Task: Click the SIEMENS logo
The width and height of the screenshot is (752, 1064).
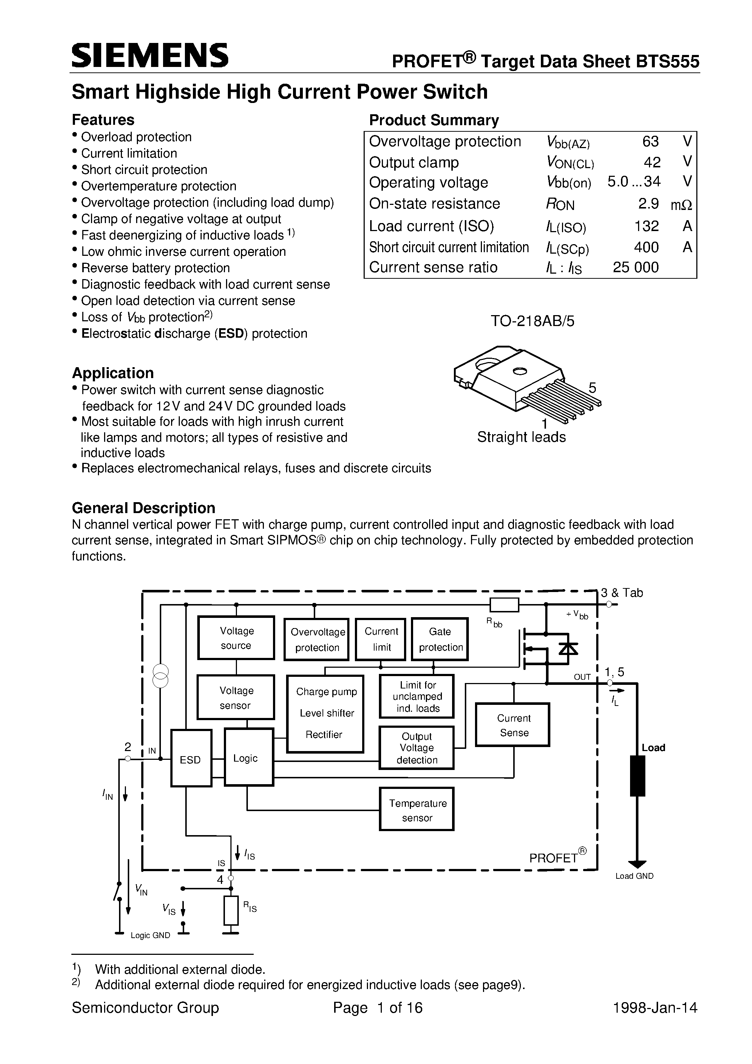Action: tap(150, 56)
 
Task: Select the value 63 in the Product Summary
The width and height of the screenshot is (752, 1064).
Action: tap(650, 141)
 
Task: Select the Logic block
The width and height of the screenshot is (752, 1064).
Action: tap(249, 758)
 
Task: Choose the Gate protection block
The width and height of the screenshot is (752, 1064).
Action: tap(440, 639)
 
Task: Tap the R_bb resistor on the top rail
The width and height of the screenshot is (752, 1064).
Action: tap(504, 605)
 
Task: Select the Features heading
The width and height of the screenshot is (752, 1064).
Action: tap(103, 120)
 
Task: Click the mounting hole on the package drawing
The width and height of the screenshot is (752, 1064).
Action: tap(519, 371)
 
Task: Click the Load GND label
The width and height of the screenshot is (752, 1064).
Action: tap(634, 876)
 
